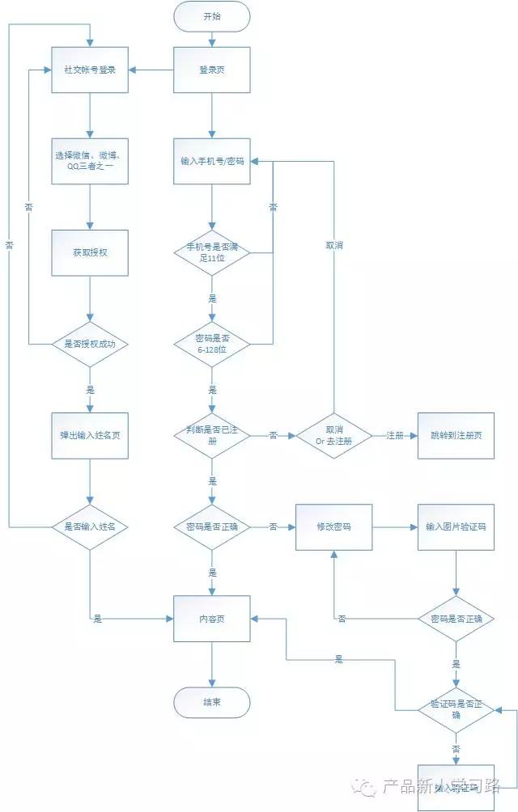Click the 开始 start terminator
212,16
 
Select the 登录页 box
212,70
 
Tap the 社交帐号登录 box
90,70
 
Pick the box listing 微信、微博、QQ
90,161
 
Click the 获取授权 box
90,252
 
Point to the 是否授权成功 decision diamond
90,344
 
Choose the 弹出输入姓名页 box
90,435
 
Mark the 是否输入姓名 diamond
90,527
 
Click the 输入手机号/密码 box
212,161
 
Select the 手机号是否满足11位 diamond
212,252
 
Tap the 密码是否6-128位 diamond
212,344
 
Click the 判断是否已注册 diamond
212,435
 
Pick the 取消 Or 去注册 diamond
334,435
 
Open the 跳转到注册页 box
456,435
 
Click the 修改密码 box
334,527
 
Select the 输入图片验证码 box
456,527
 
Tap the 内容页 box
212,619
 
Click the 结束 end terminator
212,702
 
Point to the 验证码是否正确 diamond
456,710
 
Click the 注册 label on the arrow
395,435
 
